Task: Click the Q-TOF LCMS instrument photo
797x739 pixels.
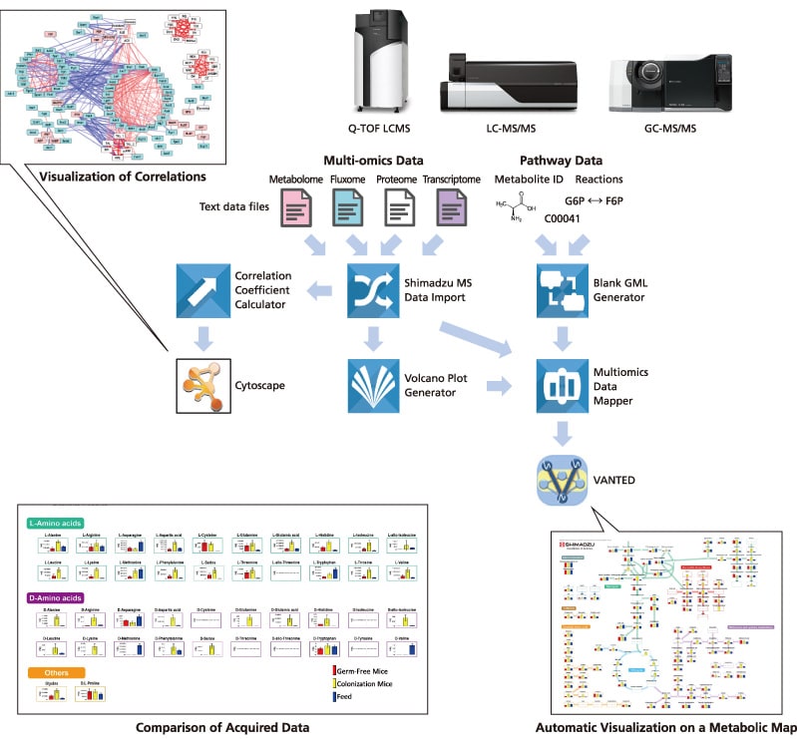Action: (382, 62)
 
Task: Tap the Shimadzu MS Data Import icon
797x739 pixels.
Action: (372, 290)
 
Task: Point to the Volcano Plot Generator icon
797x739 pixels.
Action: (372, 385)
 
